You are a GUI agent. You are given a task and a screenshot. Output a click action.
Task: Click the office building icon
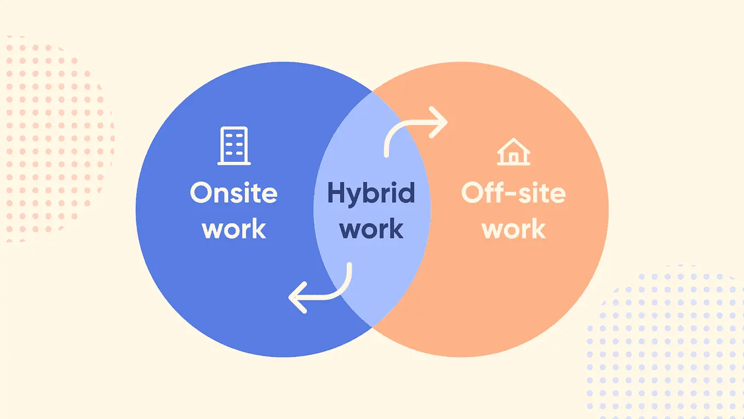pos(234,146)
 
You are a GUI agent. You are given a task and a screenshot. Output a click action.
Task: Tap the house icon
pos(513,151)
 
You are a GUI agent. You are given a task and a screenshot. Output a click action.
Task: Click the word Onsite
pos(233,192)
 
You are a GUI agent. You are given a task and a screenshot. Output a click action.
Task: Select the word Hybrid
pos(371,194)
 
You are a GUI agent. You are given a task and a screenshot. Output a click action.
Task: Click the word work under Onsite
pos(234,229)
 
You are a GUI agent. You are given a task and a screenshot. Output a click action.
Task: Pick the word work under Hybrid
pos(371,229)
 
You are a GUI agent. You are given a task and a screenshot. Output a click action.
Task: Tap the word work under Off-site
pos(514,229)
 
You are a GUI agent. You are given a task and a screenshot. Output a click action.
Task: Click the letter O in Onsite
pos(201,192)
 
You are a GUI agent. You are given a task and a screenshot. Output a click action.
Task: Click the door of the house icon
pos(513,158)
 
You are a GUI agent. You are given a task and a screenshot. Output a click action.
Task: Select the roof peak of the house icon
pos(513,139)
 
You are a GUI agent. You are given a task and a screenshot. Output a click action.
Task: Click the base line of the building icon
pos(234,163)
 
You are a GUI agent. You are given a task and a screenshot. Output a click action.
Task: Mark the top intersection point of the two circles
pos(372,92)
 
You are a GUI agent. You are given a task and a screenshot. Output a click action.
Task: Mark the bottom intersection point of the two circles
pos(372,327)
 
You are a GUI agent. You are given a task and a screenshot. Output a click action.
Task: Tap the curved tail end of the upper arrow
pos(387,155)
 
